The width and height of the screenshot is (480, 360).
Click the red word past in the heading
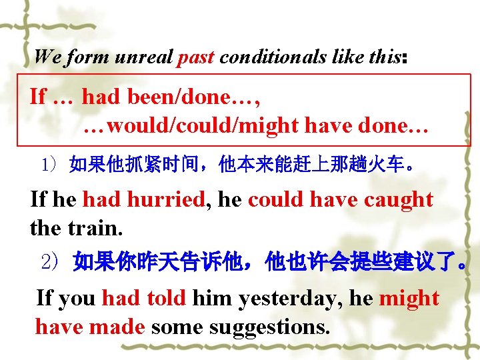196,57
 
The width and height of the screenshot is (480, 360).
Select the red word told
166,298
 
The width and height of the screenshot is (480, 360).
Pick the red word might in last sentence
409,298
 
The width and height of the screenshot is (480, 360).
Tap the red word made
121,327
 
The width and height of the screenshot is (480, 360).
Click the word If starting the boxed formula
38,97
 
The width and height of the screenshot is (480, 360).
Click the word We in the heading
47,57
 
